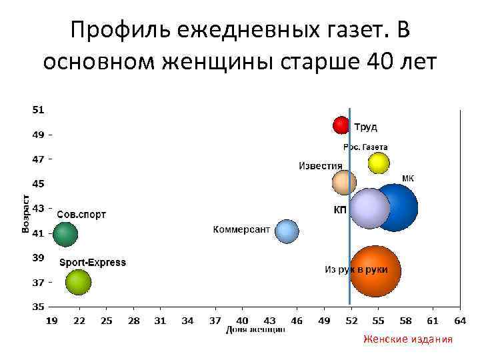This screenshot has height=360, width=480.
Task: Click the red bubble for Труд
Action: point(341,125)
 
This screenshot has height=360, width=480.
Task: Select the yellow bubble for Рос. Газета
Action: point(379,163)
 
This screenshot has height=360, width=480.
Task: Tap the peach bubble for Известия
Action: point(344,182)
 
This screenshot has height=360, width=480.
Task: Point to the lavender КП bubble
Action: point(369,208)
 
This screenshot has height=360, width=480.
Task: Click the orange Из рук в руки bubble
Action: point(375,271)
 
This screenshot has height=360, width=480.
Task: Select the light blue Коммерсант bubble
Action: point(287,231)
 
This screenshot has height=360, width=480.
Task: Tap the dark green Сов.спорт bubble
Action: point(65,234)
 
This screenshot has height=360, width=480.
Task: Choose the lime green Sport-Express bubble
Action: point(78,282)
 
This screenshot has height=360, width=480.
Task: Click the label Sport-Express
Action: point(93,263)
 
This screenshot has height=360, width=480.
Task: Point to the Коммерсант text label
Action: point(241,229)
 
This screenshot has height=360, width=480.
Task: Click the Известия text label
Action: point(320,166)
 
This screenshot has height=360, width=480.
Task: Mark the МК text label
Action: point(408,179)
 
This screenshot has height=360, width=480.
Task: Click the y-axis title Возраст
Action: point(26,213)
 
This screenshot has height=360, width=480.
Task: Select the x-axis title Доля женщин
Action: point(255,329)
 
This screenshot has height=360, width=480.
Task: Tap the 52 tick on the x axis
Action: point(351,321)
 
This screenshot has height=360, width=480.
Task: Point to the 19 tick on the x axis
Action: point(51,321)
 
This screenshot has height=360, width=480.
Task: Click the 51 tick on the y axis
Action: point(38,109)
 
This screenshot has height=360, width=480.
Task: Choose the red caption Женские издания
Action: point(407,339)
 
